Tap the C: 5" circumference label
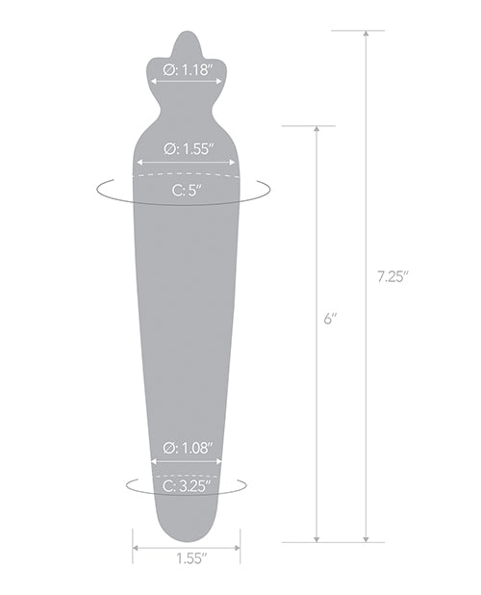click(x=186, y=190)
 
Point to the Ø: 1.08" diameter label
click(x=187, y=448)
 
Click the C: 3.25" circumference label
click(x=187, y=486)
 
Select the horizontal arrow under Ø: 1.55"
click(x=186, y=161)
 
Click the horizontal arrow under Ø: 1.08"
click(x=187, y=460)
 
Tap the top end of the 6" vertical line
click(x=316, y=127)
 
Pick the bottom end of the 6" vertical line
click(x=316, y=541)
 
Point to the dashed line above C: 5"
click(x=186, y=176)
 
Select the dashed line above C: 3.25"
click(x=187, y=475)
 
